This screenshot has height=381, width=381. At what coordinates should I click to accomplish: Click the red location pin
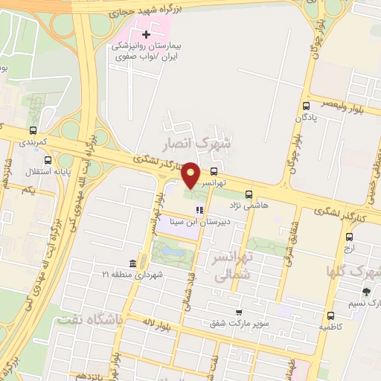(191, 174)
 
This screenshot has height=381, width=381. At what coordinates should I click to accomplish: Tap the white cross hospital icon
(146, 34)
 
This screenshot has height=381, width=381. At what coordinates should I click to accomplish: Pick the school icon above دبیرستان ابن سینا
(199, 210)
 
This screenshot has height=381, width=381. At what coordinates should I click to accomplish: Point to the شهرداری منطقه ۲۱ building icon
(132, 263)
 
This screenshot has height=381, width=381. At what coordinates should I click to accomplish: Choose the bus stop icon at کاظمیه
(324, 313)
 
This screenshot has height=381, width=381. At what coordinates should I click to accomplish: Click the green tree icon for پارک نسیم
(365, 292)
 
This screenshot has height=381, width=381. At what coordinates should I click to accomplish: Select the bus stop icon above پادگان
(307, 106)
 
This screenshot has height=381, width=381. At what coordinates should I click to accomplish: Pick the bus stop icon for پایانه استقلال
(48, 160)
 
